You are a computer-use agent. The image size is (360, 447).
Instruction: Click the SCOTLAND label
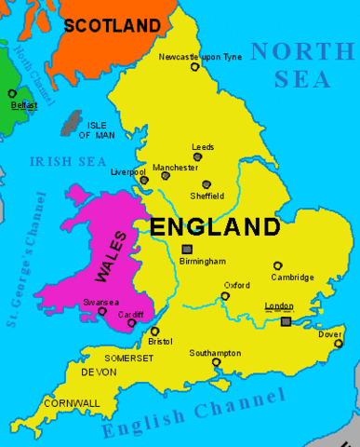pyautogui.click(x=113, y=25)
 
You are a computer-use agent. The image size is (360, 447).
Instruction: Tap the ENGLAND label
pyautogui.click(x=214, y=226)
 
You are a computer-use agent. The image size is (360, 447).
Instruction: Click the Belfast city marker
pyautogui.click(x=12, y=93)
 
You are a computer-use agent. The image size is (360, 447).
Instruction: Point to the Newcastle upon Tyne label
pyautogui.click(x=199, y=57)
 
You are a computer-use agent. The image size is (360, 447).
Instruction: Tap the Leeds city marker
pyautogui.click(x=197, y=157)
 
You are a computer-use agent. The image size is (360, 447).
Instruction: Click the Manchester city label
pyautogui.click(x=175, y=168)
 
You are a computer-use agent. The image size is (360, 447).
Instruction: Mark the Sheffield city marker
pyautogui.click(x=206, y=184)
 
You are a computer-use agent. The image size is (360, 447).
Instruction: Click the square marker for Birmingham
pyautogui.click(x=187, y=249)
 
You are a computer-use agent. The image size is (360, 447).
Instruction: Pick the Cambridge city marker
pyautogui.click(x=277, y=265)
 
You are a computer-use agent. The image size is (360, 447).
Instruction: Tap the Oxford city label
pyautogui.click(x=236, y=285)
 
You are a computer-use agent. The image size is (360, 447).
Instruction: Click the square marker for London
pyautogui.click(x=286, y=321)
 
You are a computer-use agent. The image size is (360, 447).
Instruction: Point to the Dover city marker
pyautogui.click(x=339, y=344)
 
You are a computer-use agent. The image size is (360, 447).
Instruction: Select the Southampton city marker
pyautogui.click(x=216, y=362)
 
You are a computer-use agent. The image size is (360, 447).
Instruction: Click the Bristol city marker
pyautogui.click(x=154, y=331)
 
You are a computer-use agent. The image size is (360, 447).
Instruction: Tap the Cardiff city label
pyautogui.click(x=131, y=315)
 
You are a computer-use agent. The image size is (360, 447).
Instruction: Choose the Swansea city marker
pyautogui.click(x=101, y=312)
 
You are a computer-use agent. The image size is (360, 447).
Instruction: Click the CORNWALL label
pyautogui.click(x=72, y=403)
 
